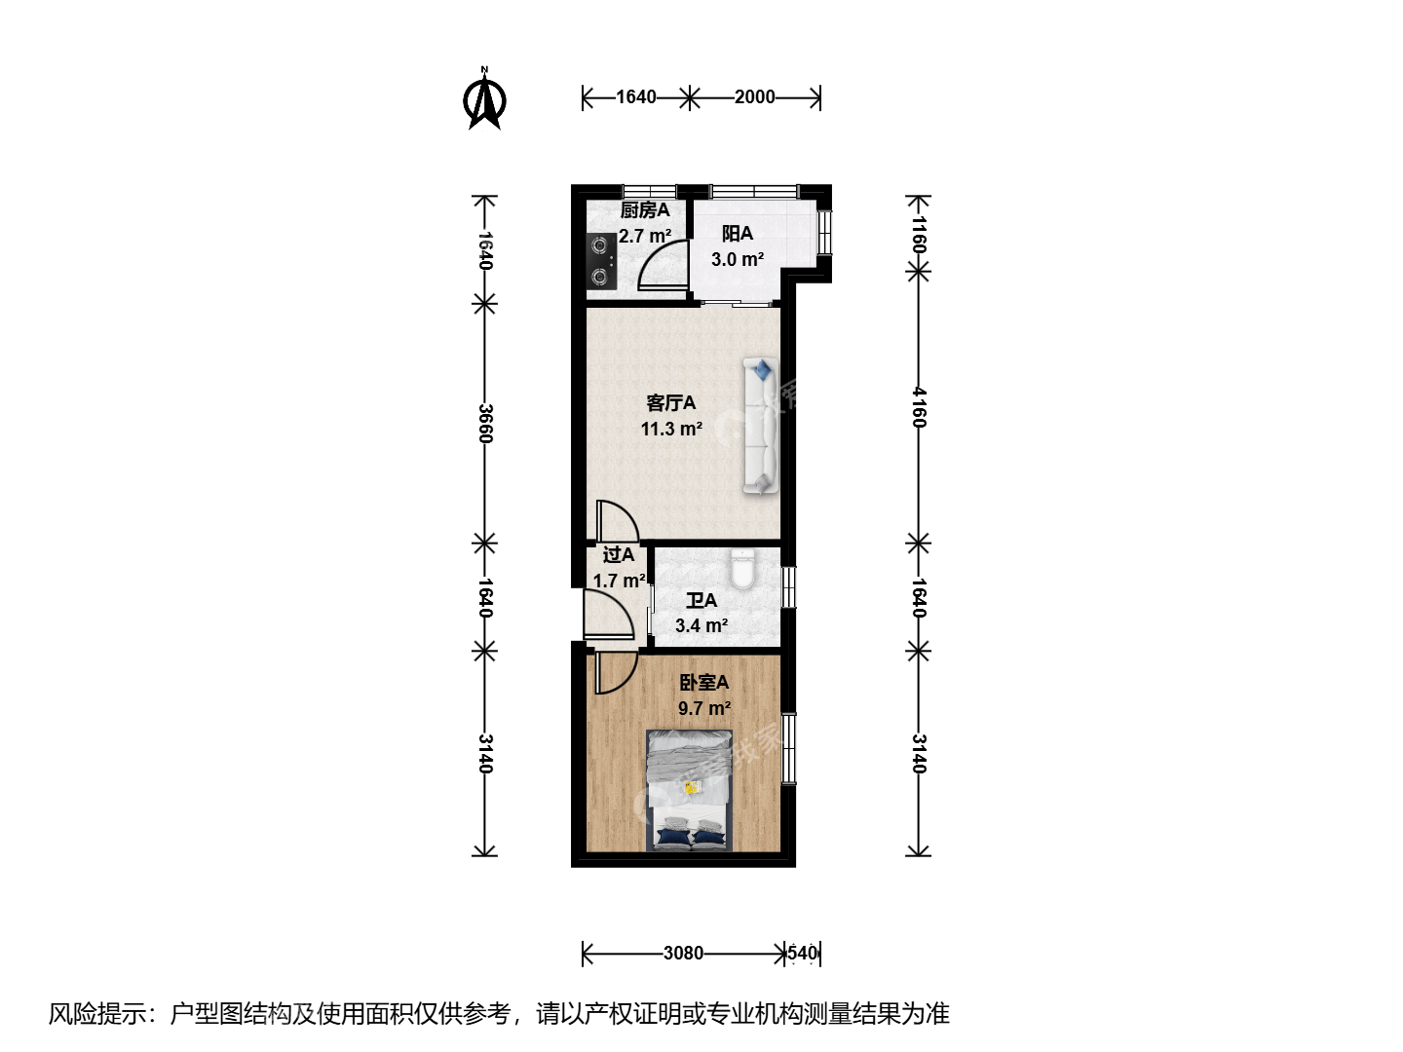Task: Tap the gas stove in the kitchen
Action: (601, 261)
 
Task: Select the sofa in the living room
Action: (761, 426)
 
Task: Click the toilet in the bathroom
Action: (742, 569)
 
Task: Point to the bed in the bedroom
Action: (689, 790)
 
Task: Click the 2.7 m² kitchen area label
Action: (645, 236)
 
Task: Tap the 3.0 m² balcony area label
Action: (738, 259)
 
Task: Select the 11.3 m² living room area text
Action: (671, 429)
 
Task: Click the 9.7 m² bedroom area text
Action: (704, 708)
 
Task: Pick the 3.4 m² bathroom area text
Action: (701, 625)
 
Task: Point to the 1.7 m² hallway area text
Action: (619, 581)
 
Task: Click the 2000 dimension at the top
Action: (754, 97)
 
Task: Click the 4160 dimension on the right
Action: (919, 407)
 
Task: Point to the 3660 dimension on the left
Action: (485, 424)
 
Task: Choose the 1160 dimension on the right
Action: (919, 235)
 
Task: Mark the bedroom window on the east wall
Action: (789, 748)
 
